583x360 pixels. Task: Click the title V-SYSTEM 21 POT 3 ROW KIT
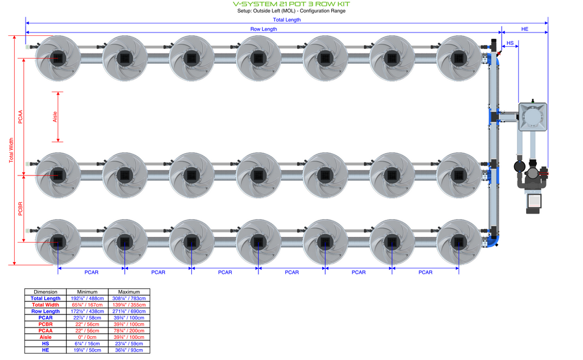[291, 4]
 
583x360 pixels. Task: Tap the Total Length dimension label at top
[286, 20]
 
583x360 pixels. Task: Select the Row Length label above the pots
[264, 29]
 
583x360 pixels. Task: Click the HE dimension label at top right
[524, 29]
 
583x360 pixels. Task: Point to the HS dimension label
[510, 43]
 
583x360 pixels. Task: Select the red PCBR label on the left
[20, 209]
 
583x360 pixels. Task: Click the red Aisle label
[55, 117]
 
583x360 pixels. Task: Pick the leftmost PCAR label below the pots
[92, 272]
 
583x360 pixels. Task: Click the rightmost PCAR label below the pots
[425, 272]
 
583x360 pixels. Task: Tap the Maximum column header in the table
[129, 292]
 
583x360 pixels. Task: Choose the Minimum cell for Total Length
[88, 298]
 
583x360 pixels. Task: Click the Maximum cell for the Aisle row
[129, 337]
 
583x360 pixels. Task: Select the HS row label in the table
[46, 343]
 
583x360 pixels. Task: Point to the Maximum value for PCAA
[129, 330]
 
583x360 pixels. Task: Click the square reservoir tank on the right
[533, 117]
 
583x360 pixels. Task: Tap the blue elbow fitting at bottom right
[495, 240]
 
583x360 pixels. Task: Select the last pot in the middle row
[459, 174]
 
